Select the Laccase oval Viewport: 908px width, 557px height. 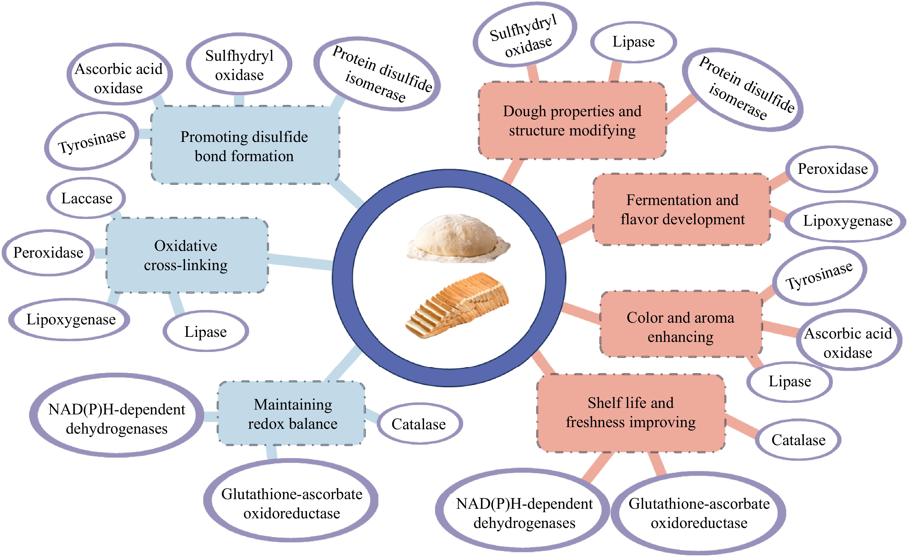coord(87,198)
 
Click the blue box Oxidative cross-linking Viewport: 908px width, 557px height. coord(186,255)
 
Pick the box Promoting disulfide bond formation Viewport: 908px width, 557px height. coord(244,146)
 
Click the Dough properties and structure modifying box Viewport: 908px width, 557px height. coord(572,121)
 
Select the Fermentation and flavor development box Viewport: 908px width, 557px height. coord(682,209)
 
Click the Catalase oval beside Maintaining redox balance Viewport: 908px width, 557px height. coord(419,424)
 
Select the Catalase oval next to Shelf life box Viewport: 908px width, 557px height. coord(798,440)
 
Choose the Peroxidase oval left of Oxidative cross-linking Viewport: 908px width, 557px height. coord(48,253)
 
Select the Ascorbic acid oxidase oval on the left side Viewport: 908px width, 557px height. coord(119,78)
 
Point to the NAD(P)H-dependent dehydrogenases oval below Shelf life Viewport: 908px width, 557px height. coord(524,513)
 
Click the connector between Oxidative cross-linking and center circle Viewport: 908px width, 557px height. coord(300,261)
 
